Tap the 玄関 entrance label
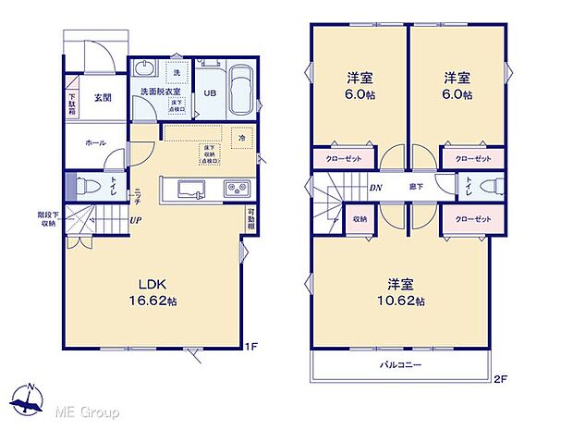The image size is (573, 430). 103,98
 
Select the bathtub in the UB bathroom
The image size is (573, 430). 242,92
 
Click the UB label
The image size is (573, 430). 210,92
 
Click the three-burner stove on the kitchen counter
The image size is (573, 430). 234,190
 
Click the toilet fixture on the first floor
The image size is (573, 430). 84,183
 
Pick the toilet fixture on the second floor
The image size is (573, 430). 481,186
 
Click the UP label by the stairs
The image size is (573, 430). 136,220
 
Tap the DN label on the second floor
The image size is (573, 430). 377,188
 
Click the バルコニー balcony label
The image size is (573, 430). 402,365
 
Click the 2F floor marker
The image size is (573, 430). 500,378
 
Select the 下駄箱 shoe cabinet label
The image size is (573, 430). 72,100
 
